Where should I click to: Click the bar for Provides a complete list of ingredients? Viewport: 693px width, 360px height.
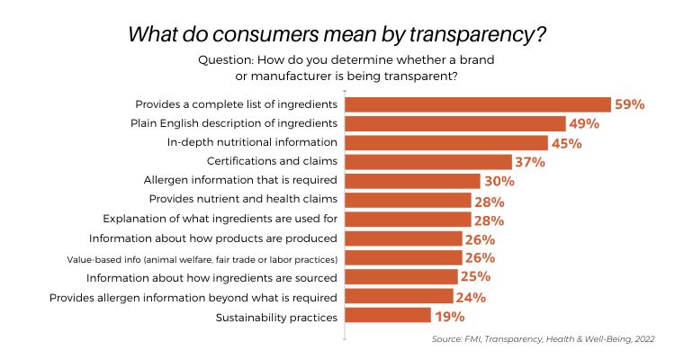[x=478, y=104]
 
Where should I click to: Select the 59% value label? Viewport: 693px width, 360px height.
[x=630, y=104]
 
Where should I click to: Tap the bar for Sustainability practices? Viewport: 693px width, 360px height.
[x=388, y=316]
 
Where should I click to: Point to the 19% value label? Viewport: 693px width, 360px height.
[x=449, y=316]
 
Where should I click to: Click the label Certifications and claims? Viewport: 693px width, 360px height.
[x=272, y=162]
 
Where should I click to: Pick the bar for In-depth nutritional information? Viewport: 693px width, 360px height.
[x=446, y=142]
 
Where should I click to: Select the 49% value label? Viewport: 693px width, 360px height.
[x=585, y=123]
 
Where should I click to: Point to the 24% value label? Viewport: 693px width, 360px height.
[x=472, y=297]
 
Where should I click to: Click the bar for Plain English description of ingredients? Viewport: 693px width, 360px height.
[x=455, y=123]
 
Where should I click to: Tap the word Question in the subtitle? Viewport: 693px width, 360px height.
[x=226, y=59]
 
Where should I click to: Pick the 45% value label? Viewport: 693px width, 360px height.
[x=567, y=142]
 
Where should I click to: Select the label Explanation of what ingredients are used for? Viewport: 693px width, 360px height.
[x=220, y=220]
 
